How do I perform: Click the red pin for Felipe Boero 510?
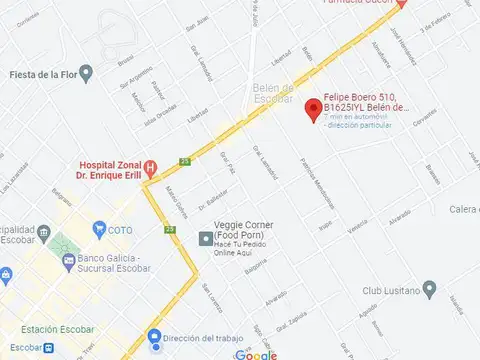click(x=311, y=108)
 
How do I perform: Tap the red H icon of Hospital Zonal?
click(x=149, y=167)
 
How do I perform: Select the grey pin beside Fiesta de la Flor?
click(x=86, y=73)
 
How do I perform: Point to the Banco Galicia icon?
click(x=68, y=262)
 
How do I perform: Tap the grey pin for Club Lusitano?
click(x=429, y=290)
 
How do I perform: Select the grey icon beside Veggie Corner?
click(x=205, y=238)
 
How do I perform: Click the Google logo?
click(x=257, y=354)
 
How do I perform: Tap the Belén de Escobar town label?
click(x=272, y=94)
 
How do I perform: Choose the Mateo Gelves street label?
click(x=176, y=204)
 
